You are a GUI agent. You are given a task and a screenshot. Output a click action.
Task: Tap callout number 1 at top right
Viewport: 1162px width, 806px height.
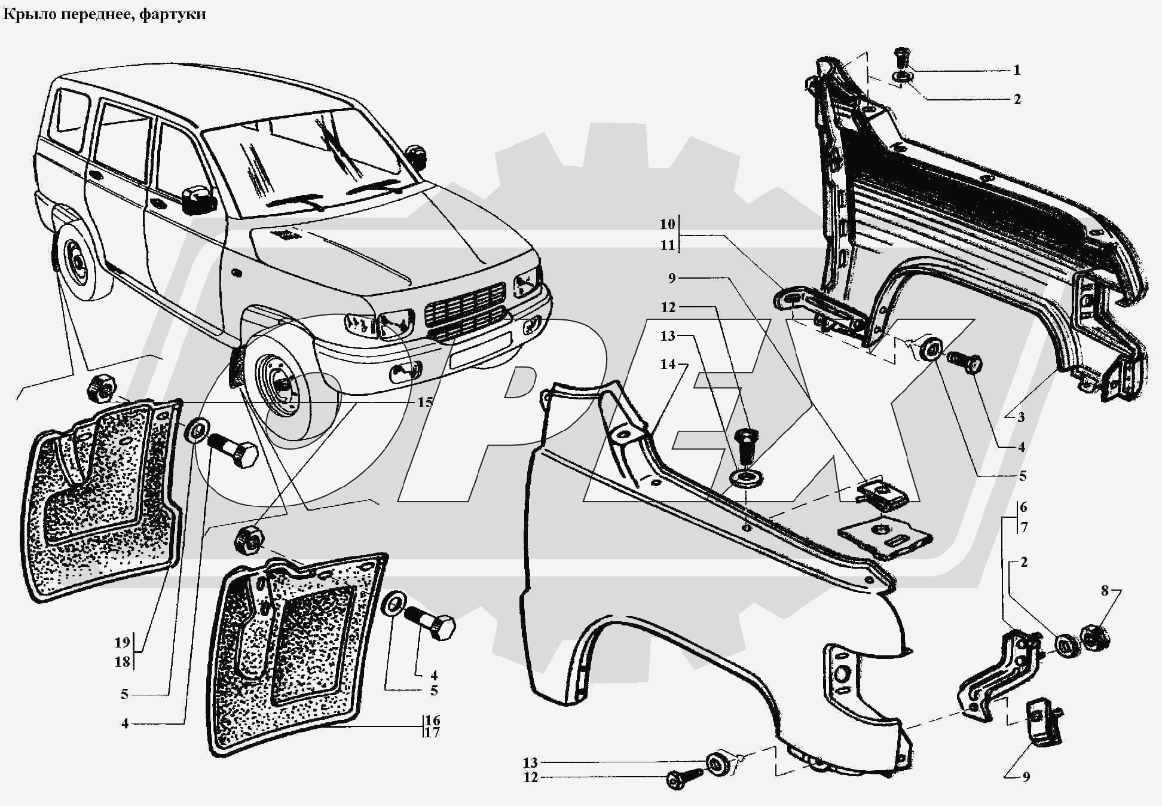pos(1017,71)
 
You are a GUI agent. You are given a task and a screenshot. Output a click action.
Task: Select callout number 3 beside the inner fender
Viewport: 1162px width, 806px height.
pos(1021,417)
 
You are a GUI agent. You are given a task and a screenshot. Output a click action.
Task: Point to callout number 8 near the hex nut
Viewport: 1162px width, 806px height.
pos(1105,591)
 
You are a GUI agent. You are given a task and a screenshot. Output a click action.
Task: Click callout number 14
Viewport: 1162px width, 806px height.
pos(667,364)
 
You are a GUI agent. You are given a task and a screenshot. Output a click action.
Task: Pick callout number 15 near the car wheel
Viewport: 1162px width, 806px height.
pos(424,403)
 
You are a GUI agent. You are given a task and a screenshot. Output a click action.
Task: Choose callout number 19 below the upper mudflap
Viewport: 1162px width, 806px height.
pos(122,643)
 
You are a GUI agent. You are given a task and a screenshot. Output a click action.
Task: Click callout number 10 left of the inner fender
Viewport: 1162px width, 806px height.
pos(667,224)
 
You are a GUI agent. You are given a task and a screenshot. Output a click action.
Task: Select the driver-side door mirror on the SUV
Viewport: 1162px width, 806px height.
pos(198,200)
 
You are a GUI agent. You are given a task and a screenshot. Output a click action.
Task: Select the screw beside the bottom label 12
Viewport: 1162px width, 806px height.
pos(684,778)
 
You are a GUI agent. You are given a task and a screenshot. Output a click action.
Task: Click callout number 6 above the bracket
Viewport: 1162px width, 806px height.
pos(1024,508)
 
